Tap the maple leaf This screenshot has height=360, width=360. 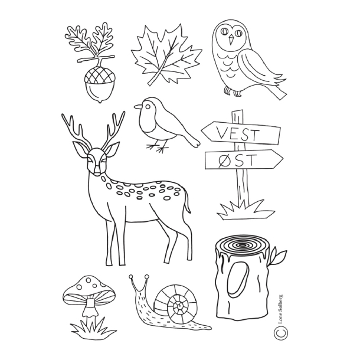[166, 55]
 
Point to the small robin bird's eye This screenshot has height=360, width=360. [148, 106]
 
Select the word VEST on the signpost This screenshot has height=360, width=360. [238, 134]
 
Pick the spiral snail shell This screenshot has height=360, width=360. [176, 301]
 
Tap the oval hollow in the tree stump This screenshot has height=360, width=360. [238, 279]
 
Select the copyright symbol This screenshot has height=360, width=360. [281, 332]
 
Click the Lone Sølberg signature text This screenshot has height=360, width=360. [280, 309]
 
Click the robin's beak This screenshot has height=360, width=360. [138, 107]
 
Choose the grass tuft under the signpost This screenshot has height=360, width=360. [246, 210]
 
